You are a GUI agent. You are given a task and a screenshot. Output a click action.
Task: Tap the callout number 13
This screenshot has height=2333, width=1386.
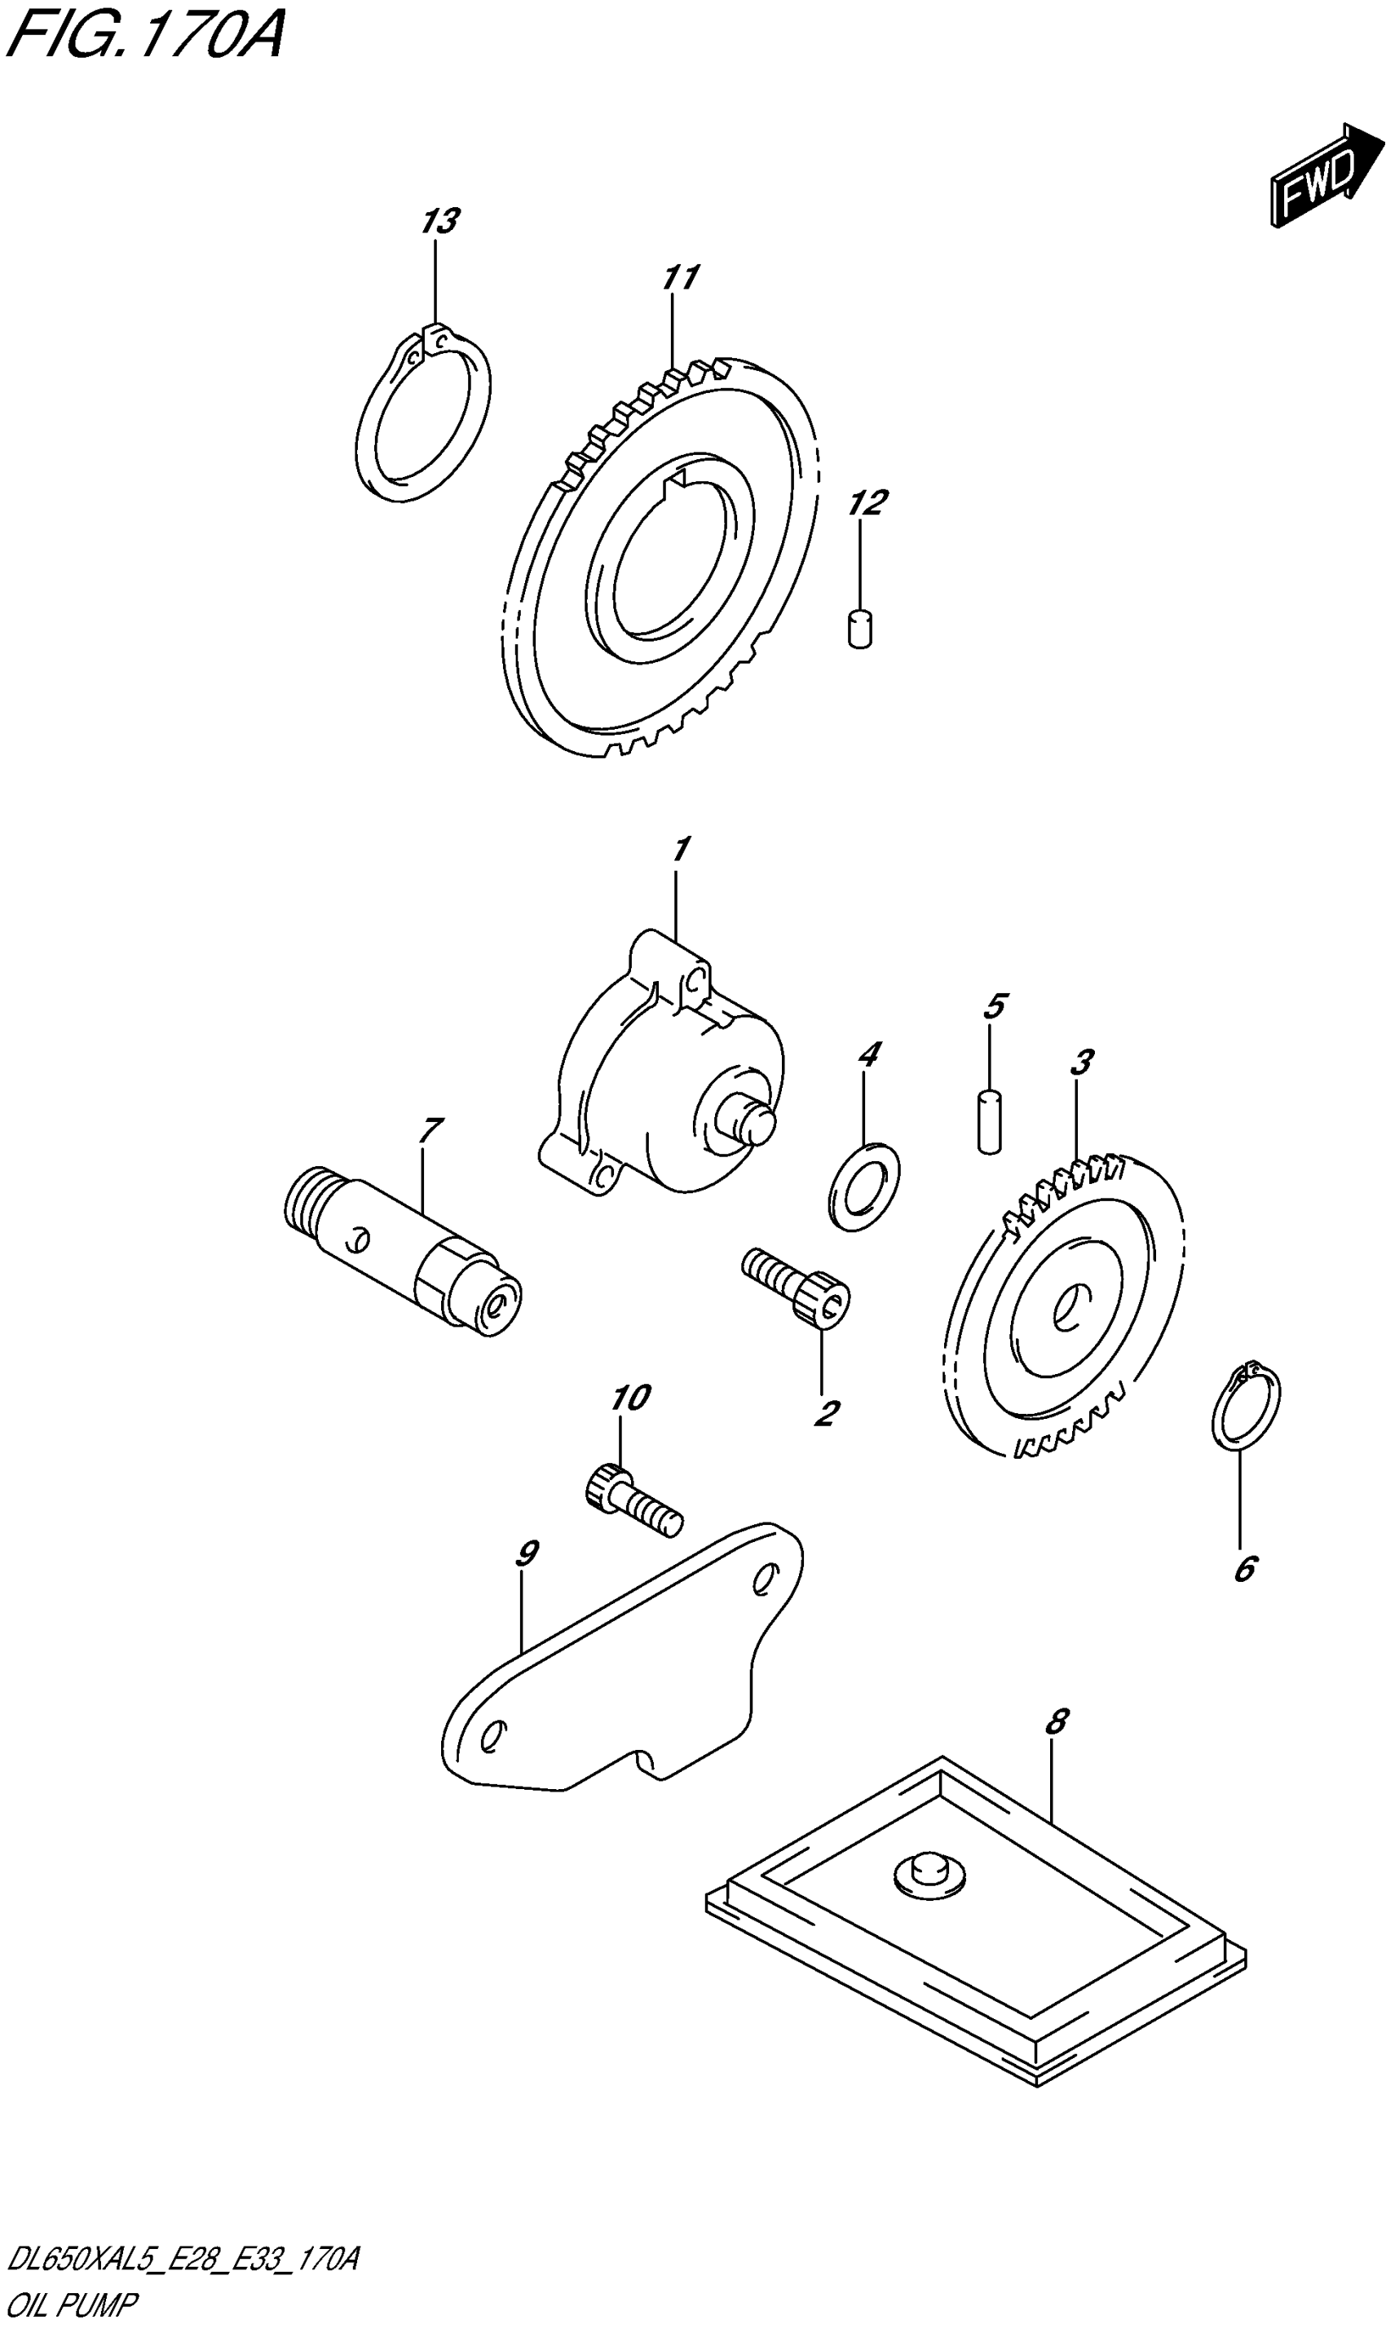(x=439, y=223)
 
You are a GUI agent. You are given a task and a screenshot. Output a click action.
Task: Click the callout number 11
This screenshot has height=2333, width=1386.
(x=680, y=277)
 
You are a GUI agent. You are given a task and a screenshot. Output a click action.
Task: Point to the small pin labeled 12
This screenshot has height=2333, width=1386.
(x=860, y=628)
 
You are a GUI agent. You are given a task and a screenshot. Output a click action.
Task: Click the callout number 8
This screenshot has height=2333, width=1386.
(x=1055, y=1721)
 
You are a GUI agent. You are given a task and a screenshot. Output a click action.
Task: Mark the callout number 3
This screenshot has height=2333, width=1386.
(x=1082, y=1062)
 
